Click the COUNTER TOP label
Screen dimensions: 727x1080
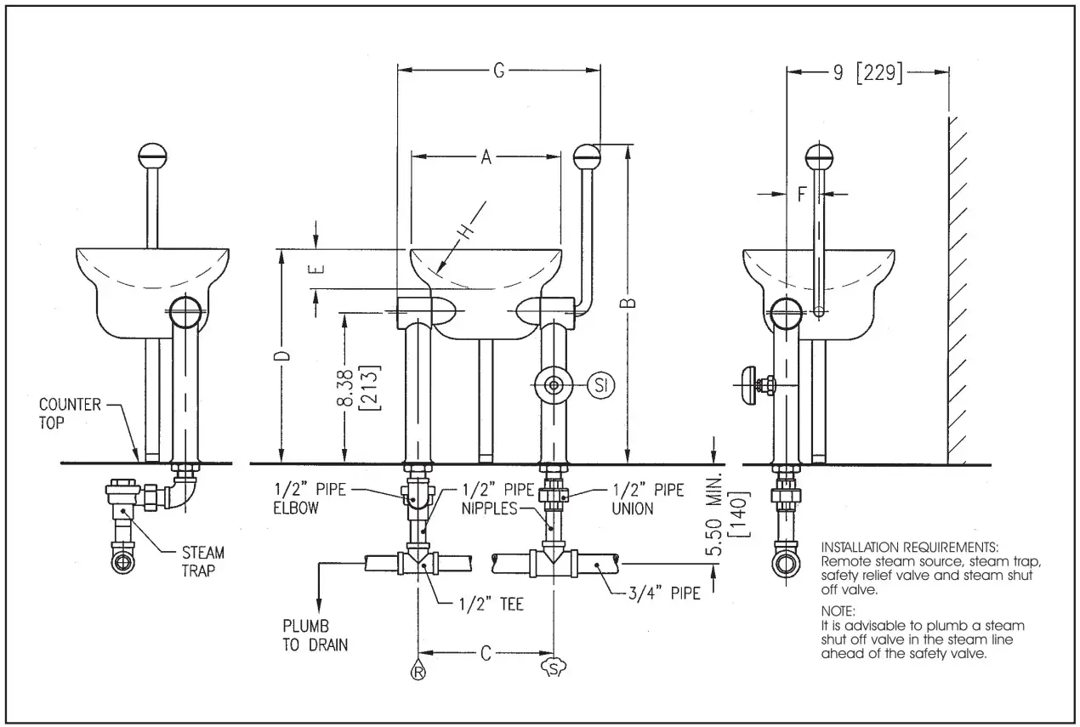coord(70,414)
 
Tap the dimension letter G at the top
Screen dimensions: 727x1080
coord(499,71)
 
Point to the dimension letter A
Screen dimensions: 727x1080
coord(486,156)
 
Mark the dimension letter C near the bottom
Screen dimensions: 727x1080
coord(486,653)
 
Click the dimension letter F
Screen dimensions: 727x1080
coord(801,194)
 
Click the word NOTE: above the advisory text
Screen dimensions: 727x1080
coord(839,611)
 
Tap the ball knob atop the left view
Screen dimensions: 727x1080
coord(152,155)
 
